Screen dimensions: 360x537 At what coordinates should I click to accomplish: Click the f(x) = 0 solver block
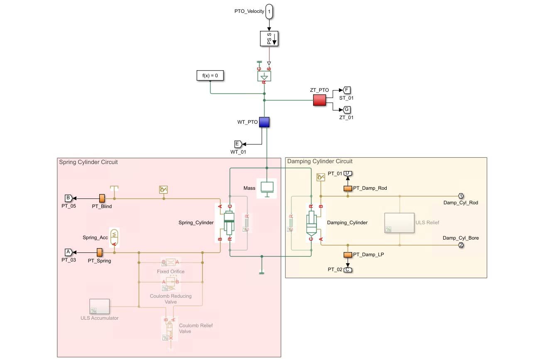coord(210,76)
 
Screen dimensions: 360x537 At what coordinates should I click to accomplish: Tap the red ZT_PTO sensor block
coord(319,100)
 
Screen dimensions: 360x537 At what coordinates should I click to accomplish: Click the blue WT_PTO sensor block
coord(264,122)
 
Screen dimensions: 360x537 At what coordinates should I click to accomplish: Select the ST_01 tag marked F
coord(347,90)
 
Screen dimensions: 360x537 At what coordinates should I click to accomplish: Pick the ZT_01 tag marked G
coord(347,110)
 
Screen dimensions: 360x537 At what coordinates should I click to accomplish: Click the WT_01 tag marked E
coord(238,144)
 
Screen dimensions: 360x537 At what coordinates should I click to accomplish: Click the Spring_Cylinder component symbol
coord(229,222)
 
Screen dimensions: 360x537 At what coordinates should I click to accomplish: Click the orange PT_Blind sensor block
coord(102,198)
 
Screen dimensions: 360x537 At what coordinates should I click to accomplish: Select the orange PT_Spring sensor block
coord(100,252)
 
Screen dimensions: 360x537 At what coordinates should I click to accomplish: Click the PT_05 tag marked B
coord(69,198)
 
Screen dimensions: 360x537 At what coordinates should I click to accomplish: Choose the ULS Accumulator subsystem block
coord(99,306)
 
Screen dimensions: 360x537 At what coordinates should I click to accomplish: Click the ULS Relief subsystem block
coord(399,223)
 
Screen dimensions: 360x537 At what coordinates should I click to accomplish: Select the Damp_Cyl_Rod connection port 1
coord(461,196)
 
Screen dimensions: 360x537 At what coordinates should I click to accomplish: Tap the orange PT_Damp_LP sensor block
coord(348,255)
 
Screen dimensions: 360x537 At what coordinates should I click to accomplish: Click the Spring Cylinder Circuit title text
coord(88,162)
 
